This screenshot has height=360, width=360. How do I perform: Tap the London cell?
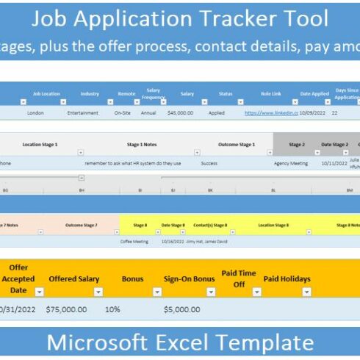click(36, 113)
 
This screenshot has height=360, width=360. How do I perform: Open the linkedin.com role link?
click(270, 113)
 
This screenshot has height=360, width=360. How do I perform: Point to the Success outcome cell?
click(209, 163)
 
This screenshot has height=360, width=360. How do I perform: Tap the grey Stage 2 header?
click(296, 145)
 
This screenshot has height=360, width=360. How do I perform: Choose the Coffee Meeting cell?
click(135, 241)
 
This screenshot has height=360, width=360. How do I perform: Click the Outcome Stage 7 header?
click(82, 224)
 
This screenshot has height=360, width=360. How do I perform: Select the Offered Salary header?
click(73, 279)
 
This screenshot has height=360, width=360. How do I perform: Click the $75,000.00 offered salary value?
click(66, 310)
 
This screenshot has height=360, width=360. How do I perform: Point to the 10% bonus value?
click(112, 310)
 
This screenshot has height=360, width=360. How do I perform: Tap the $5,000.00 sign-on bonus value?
click(183, 310)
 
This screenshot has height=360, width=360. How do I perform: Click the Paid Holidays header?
click(287, 279)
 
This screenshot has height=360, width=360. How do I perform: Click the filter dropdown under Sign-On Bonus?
click(211, 292)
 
